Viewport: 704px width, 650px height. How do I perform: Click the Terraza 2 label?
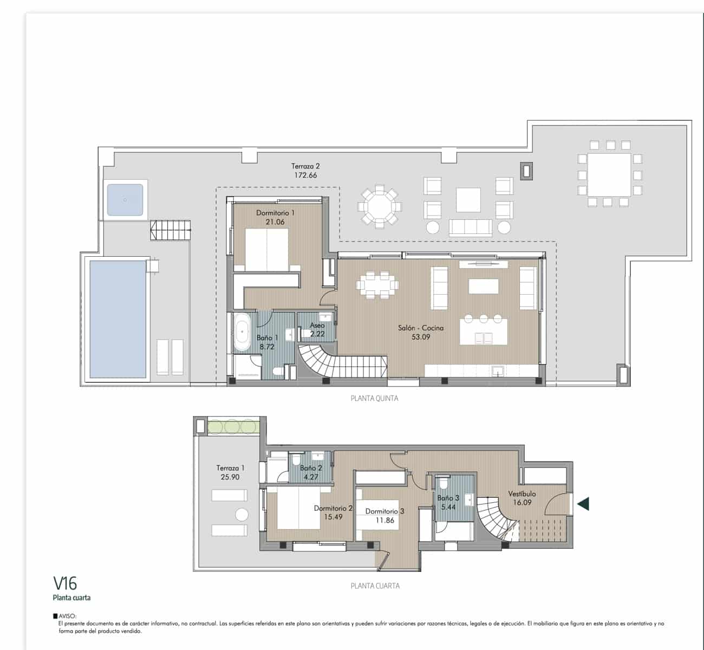point(305,166)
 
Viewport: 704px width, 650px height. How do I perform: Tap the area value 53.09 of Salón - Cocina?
point(421,337)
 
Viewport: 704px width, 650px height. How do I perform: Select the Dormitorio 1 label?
point(276,213)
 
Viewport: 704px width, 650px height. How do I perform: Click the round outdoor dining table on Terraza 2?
point(379,206)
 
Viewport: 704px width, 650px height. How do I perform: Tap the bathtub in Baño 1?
point(242,332)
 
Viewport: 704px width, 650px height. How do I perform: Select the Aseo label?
point(317,326)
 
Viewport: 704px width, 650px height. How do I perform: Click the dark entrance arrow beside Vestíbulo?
point(583,504)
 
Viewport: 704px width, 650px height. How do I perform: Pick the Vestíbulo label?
point(522,493)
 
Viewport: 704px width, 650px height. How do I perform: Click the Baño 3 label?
point(448,498)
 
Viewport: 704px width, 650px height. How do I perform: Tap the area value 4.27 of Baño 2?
point(311,477)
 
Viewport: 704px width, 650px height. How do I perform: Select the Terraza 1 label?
point(230,468)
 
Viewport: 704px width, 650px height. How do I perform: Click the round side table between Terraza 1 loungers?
point(242,515)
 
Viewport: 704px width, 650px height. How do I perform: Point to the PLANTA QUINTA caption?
point(375,398)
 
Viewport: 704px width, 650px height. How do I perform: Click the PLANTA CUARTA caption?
point(375,586)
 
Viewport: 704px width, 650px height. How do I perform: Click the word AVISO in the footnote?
point(69,616)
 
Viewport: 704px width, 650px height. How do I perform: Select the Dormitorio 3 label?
point(384,511)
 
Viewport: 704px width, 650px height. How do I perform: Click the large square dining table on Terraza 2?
point(609,175)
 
